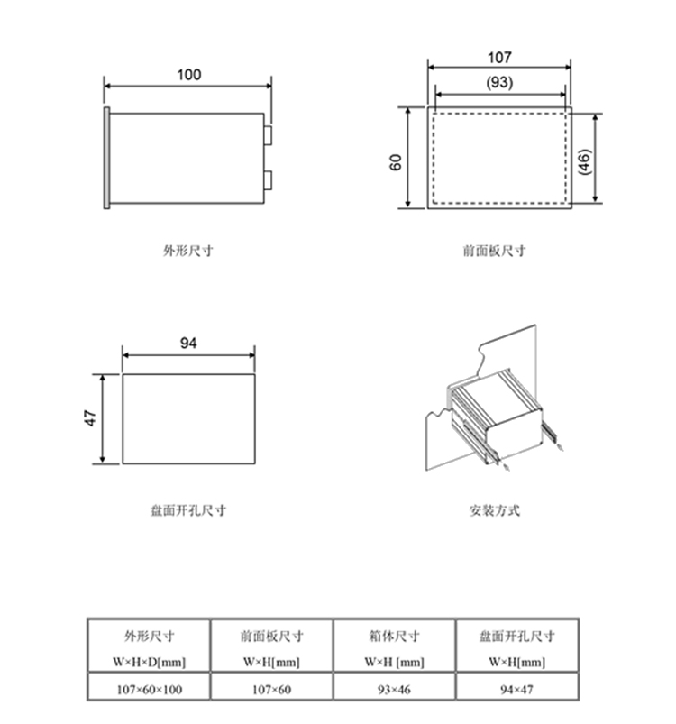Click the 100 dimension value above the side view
pyautogui.click(x=188, y=75)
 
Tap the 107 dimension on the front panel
pyautogui.click(x=499, y=57)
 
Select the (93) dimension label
pyautogui.click(x=499, y=82)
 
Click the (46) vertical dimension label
pyautogui.click(x=584, y=162)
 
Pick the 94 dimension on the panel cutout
pyautogui.click(x=188, y=344)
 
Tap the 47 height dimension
pyautogui.click(x=91, y=419)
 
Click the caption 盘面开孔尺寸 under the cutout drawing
pyautogui.click(x=188, y=510)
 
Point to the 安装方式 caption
pyautogui.click(x=494, y=510)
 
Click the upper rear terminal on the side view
pyautogui.click(x=269, y=133)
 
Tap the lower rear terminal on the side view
pyautogui.click(x=269, y=178)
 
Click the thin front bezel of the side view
pyautogui.click(x=107, y=159)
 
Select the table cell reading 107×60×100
pyautogui.click(x=149, y=690)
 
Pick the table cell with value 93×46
pyautogui.click(x=395, y=690)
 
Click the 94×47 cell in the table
pyautogui.click(x=517, y=690)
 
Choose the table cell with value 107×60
pyautogui.click(x=271, y=690)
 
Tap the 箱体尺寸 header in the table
pyautogui.click(x=395, y=636)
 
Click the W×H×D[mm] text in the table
pyautogui.click(x=149, y=663)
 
